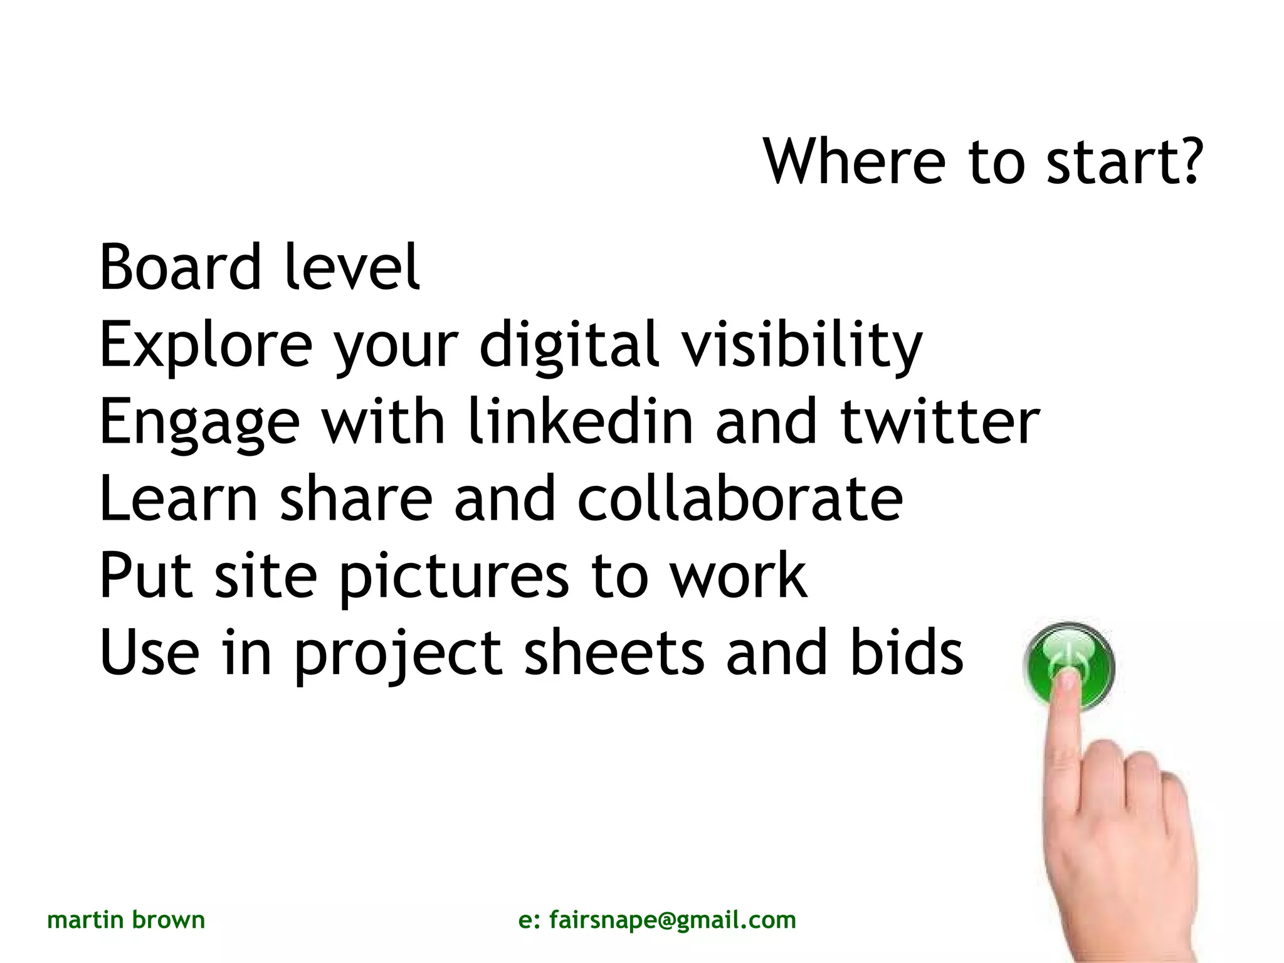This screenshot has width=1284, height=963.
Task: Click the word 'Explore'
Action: point(206,344)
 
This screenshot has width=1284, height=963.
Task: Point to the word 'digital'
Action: point(569,344)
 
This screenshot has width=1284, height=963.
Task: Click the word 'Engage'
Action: point(199,421)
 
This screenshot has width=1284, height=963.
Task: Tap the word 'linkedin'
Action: point(581,421)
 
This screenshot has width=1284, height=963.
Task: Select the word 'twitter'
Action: point(940,421)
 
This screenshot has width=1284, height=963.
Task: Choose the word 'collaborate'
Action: point(740,498)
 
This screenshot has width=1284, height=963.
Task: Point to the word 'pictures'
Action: point(454,576)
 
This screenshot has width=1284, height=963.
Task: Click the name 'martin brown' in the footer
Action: point(126,920)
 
